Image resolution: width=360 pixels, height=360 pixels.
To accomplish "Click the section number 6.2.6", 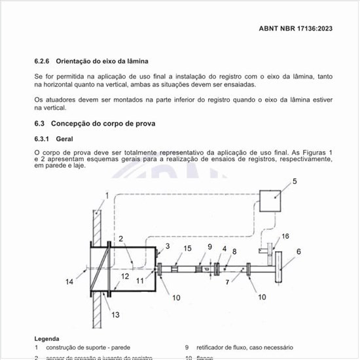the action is (43, 61).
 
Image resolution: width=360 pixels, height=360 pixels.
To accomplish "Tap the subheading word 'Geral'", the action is (64, 139).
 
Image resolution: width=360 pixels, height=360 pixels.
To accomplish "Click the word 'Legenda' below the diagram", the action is (46, 338).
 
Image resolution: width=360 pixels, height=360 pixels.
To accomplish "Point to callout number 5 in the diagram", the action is (295, 181).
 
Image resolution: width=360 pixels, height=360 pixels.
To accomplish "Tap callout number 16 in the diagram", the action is (285, 236).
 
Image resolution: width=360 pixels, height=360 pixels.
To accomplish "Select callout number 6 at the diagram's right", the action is (298, 251).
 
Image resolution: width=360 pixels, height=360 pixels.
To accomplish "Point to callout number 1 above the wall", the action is (107, 195).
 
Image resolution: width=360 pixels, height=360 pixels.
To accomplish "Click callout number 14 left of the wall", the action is (70, 281).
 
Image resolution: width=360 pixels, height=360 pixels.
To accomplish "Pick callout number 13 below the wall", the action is (115, 315).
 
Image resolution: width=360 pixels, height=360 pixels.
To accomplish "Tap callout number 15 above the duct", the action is (187, 248).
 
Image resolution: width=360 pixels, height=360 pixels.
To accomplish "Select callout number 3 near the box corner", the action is (168, 245).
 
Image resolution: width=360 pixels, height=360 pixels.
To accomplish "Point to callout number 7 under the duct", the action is (228, 281).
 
